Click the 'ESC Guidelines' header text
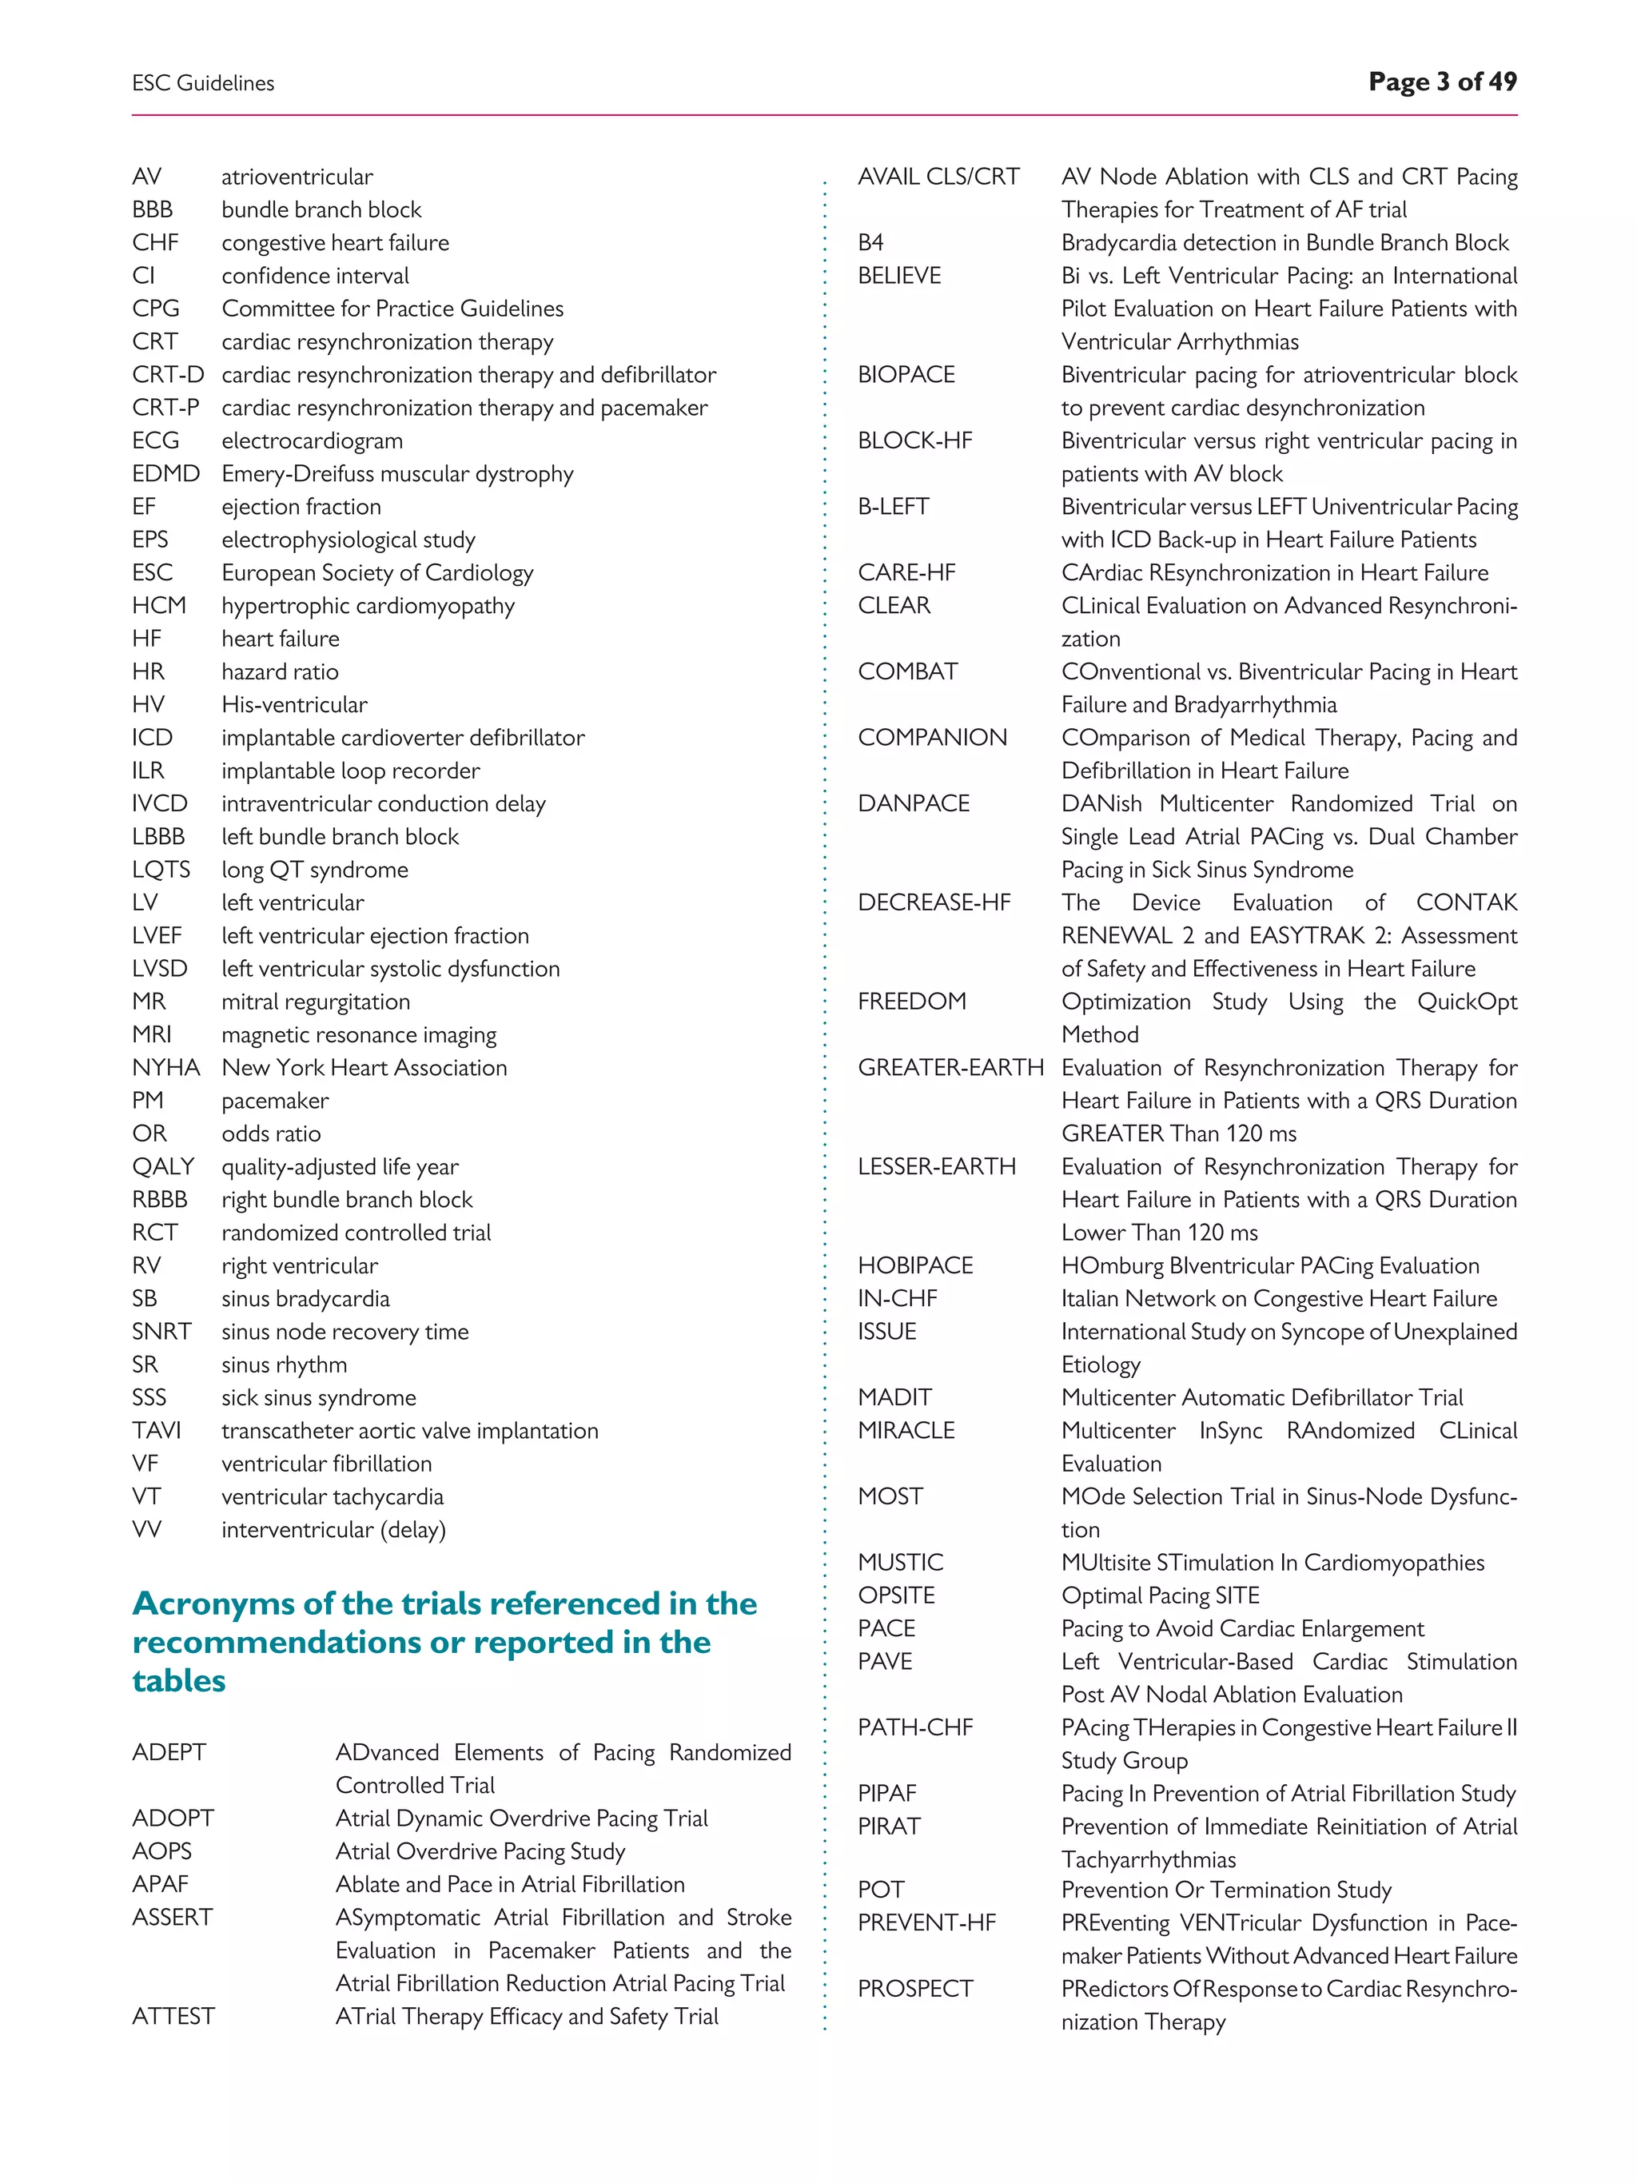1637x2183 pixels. coord(203,84)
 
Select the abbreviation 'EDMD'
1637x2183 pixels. coord(165,474)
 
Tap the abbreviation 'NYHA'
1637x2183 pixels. coord(165,1068)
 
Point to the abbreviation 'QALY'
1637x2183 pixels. coord(163,1166)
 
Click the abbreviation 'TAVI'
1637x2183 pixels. coord(157,1431)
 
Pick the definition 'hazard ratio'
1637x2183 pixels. coord(281,672)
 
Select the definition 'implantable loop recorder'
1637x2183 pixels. coord(350,771)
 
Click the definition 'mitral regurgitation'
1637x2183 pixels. coord(316,1002)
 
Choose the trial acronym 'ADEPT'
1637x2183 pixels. coord(169,1753)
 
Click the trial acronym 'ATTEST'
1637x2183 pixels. coord(173,2016)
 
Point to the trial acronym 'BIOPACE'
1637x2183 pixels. coord(906,375)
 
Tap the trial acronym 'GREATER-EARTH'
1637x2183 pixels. coord(950,1068)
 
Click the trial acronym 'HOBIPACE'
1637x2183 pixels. coord(914,1266)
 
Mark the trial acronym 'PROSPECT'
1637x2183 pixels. coord(914,1990)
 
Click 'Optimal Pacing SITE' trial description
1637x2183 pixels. coord(1160,1595)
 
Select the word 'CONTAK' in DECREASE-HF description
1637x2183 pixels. coord(1466,903)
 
